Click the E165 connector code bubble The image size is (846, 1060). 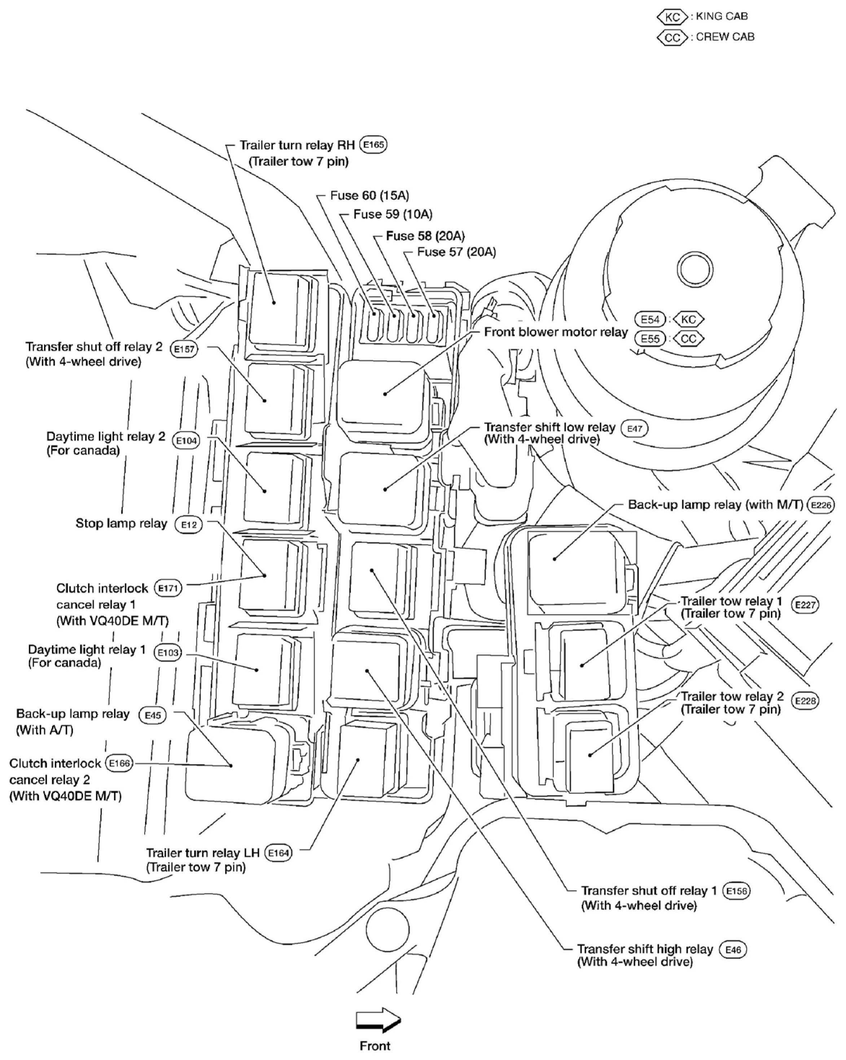373,145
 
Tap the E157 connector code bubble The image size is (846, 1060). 184,349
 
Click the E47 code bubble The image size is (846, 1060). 635,428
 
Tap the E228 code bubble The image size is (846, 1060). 805,701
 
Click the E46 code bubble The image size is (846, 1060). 733,949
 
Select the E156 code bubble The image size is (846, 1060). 736,891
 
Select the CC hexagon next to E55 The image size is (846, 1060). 688,339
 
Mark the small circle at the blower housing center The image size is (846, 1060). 695,269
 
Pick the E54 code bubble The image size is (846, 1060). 650,319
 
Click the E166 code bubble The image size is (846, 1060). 119,763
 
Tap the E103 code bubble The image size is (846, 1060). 168,653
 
